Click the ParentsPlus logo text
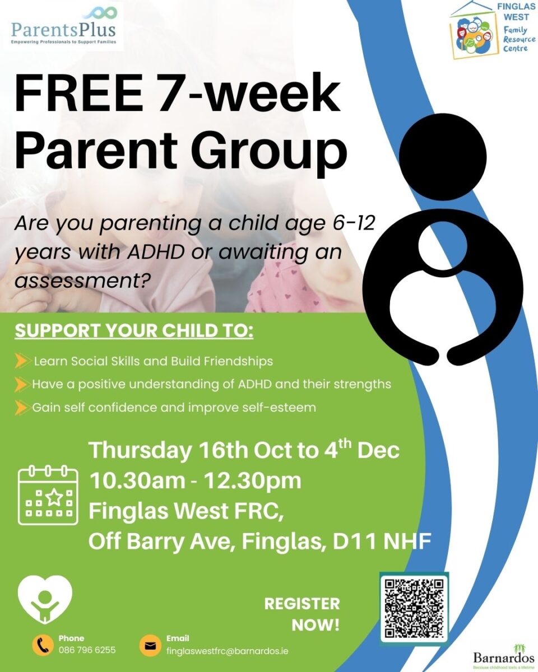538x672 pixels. pyautogui.click(x=63, y=30)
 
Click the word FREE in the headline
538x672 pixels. pyautogui.click(x=77, y=94)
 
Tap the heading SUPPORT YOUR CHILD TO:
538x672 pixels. pyautogui.click(x=134, y=331)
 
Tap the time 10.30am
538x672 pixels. pyautogui.click(x=137, y=481)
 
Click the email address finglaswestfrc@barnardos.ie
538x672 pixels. pyautogui.click(x=228, y=651)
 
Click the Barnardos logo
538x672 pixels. pyautogui.click(x=504, y=656)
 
